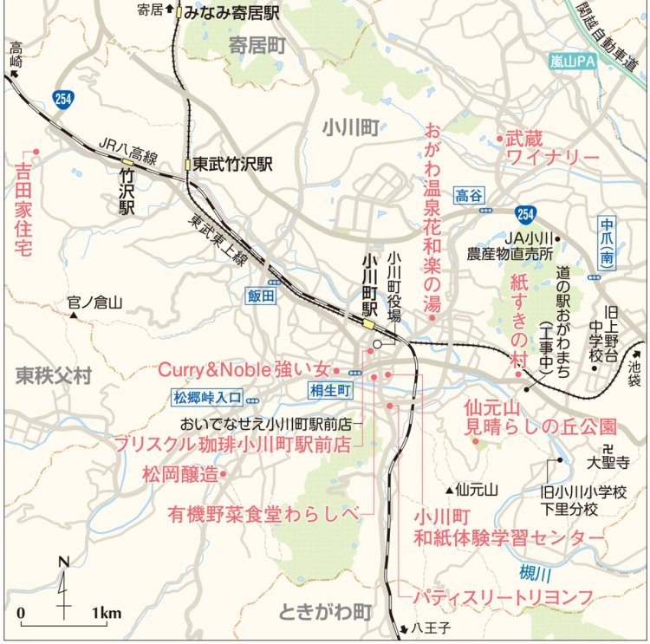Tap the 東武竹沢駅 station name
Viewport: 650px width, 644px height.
(232, 163)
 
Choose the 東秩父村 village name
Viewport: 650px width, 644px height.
(53, 374)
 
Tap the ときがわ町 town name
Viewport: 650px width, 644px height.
(325, 612)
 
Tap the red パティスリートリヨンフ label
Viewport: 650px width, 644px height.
(502, 597)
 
